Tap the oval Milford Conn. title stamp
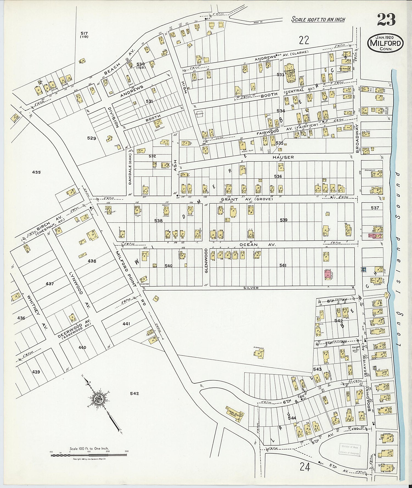point(386,43)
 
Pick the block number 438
point(92,261)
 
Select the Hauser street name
point(283,157)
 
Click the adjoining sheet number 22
point(304,40)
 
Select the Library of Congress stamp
point(349,449)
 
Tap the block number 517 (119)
point(84,35)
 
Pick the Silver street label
point(251,288)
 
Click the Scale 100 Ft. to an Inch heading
point(318,19)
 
